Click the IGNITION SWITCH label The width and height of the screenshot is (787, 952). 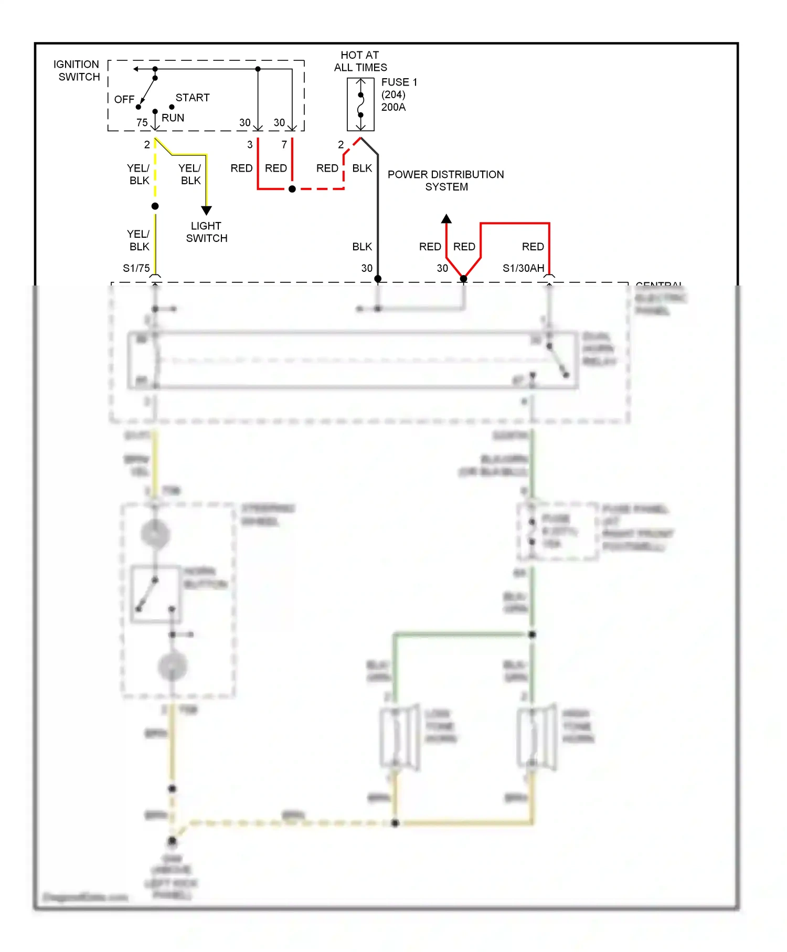77,70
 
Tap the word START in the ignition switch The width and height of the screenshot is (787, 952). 192,98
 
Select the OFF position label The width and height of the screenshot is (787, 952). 124,99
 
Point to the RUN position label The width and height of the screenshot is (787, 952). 173,118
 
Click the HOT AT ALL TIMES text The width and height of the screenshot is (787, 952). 360,61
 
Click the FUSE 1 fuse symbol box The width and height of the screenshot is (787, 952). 360,104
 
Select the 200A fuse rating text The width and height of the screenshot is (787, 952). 393,107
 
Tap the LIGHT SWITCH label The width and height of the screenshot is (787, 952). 206,231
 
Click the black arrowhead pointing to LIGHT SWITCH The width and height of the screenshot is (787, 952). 206,210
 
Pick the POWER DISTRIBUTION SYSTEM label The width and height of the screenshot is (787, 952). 445,180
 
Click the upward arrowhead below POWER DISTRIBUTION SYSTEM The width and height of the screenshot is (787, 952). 446,219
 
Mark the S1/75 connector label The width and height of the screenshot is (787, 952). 136,268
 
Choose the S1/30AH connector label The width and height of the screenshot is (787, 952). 523,268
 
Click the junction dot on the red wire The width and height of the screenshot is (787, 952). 292,189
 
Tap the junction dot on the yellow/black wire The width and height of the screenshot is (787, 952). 155,206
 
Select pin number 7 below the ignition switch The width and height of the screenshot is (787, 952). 284,144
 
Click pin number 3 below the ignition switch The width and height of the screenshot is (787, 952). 250,144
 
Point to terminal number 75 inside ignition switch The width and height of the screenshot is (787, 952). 142,122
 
